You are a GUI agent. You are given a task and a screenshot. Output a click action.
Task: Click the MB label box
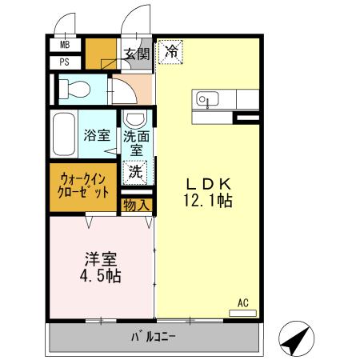(x=64, y=45)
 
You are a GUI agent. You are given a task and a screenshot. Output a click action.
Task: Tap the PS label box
(x=64, y=61)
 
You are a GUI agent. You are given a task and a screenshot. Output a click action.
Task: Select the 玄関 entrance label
(x=137, y=54)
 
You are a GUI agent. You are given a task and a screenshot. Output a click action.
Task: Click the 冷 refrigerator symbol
(x=171, y=51)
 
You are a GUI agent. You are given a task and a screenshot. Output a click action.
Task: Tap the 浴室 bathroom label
(x=98, y=135)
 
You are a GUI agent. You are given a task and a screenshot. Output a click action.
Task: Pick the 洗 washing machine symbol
(x=136, y=170)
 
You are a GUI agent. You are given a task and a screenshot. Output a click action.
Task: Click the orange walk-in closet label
(x=82, y=187)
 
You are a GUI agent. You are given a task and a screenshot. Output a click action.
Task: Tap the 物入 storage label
(x=136, y=205)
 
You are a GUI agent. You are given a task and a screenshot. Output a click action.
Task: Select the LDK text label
(x=208, y=182)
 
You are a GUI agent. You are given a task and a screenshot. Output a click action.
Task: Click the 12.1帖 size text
(x=208, y=202)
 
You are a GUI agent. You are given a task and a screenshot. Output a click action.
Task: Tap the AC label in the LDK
(x=243, y=302)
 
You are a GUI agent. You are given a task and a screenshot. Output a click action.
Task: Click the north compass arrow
(x=295, y=340)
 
